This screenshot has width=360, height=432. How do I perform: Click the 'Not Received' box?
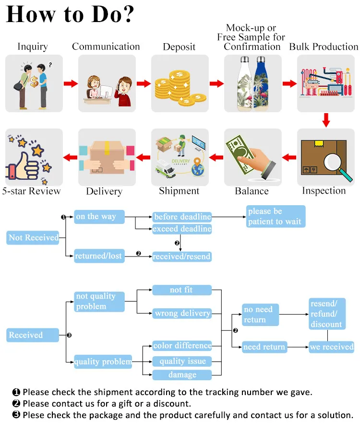pyautogui.click(x=34, y=237)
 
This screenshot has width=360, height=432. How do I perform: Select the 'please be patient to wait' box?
pyautogui.click(x=276, y=216)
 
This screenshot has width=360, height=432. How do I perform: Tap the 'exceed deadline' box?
pyautogui.click(x=182, y=229)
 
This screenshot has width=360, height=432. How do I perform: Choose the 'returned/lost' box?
pyautogui.click(x=98, y=256)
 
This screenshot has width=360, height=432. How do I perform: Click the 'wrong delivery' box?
pyautogui.click(x=182, y=314)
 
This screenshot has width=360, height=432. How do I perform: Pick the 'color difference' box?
pyautogui.click(x=182, y=346)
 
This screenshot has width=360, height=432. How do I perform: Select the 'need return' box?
pyautogui.click(x=264, y=347)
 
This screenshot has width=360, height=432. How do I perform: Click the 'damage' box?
pyautogui.click(x=182, y=374)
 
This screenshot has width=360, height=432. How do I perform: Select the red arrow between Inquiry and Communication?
pyautogui.click(x=71, y=84)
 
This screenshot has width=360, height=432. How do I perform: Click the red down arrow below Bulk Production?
pyautogui.click(x=326, y=120)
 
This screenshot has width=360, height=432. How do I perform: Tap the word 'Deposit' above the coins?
pyautogui.click(x=179, y=47)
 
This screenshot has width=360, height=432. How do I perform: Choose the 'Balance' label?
pyautogui.click(x=252, y=191)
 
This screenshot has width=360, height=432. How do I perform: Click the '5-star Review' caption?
pyautogui.click(x=32, y=191)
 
